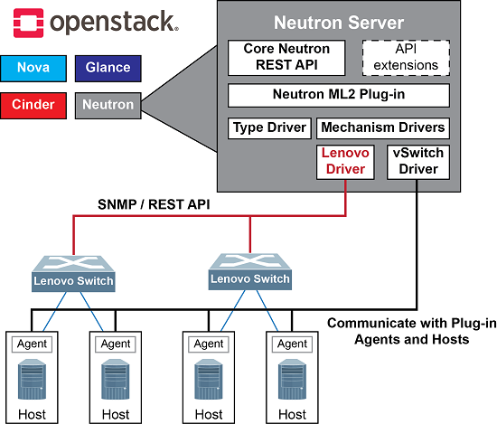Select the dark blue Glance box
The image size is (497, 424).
point(108,67)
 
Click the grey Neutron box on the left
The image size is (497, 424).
point(108,105)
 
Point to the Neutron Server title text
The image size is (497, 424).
point(338,22)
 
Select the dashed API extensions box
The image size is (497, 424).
point(406,57)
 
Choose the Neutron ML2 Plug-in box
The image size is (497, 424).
point(338,95)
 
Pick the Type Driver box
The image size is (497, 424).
point(268,127)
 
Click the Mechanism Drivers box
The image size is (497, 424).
point(382,127)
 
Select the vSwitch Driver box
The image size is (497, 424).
point(417,161)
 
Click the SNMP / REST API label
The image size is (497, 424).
point(154,205)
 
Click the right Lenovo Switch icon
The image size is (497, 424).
point(249,269)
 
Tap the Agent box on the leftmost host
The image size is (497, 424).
point(32,344)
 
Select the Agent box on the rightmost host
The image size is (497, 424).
point(292,344)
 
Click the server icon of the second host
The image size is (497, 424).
point(116,380)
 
